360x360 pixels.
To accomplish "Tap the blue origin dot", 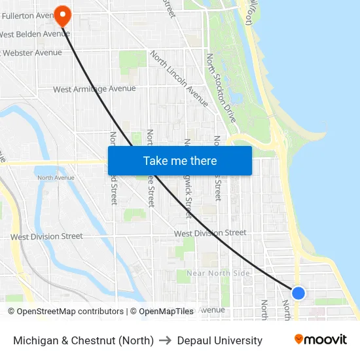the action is (298, 293).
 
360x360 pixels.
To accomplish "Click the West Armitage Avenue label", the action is (94, 89).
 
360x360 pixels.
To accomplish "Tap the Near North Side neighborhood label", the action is (218, 273).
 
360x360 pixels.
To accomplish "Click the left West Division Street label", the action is (46, 236).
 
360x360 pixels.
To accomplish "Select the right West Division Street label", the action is (210, 232).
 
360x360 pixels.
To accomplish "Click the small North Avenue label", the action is (56, 177).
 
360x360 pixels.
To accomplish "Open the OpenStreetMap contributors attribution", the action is (65, 312).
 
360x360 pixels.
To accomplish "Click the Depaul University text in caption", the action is (219, 340).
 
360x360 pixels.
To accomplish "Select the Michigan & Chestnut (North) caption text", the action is (83, 340).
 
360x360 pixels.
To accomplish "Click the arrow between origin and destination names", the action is (165, 340).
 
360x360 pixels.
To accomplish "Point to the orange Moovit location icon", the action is (299, 339).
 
